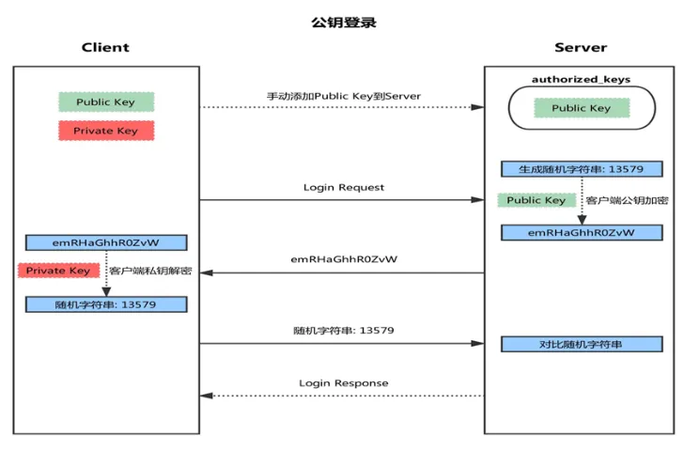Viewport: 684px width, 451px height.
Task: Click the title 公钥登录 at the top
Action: [344, 23]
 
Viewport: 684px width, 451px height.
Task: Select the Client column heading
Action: [105, 47]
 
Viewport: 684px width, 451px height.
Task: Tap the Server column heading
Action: [581, 47]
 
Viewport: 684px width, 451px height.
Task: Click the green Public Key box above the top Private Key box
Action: [106, 102]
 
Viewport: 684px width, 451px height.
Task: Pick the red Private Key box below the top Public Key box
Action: [106, 131]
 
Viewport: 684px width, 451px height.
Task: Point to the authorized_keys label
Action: [581, 79]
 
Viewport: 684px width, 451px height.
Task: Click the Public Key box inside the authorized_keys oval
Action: [582, 108]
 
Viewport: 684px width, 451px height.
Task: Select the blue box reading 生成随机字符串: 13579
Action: [582, 169]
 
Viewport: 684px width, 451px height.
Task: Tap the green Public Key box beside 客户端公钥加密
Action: [536, 200]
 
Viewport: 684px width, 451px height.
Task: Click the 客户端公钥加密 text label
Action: [627, 200]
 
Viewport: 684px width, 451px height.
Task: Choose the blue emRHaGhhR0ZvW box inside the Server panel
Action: [582, 232]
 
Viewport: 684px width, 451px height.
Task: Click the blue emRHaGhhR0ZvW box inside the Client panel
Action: [106, 242]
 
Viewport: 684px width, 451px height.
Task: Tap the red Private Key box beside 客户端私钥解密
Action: [58, 271]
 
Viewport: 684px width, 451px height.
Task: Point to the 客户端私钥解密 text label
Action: [150, 271]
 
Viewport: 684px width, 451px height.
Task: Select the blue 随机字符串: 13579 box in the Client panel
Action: [106, 304]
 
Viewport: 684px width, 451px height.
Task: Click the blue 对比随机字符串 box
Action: [582, 344]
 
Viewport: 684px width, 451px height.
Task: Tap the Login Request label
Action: [344, 188]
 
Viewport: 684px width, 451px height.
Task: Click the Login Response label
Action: [344, 383]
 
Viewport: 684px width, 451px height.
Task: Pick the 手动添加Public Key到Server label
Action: [344, 96]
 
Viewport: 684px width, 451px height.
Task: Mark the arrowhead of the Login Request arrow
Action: [477, 200]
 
